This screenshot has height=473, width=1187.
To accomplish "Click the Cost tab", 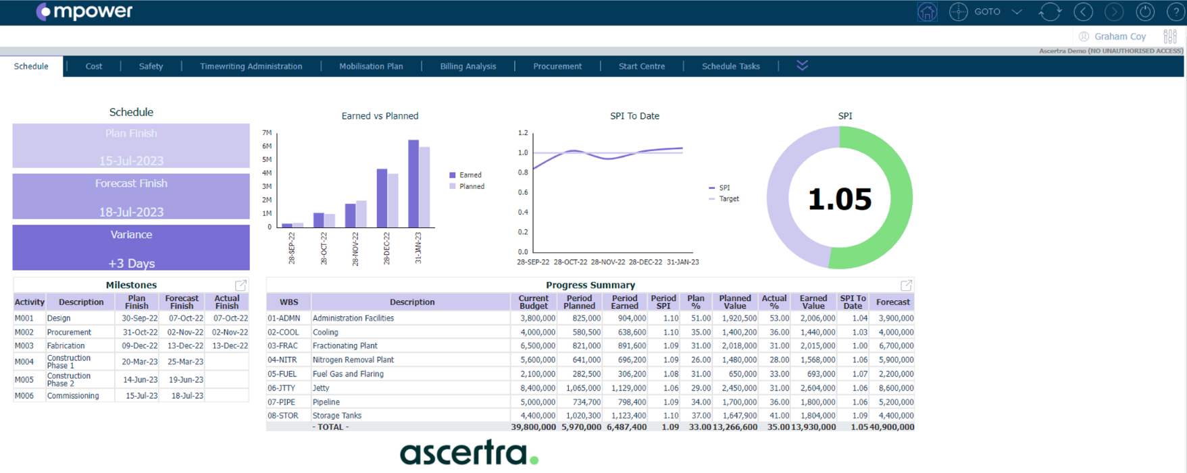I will tap(94, 66).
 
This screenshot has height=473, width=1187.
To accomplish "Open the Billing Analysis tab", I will tap(468, 66).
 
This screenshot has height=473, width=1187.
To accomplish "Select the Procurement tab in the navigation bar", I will tap(557, 66).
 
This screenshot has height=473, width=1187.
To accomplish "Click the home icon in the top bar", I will tap(927, 12).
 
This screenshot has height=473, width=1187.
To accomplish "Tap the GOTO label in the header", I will tap(987, 12).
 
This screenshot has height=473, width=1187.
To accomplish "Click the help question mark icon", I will tap(1175, 12).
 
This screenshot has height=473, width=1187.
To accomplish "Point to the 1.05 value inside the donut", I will tap(840, 199).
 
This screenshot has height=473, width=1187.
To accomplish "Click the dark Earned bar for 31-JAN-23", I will tap(413, 184).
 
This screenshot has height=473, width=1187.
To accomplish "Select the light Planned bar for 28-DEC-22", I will tap(393, 200).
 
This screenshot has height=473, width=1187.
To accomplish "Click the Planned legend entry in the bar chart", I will tap(471, 186).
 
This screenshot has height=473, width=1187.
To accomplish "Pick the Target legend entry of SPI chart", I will tap(728, 199).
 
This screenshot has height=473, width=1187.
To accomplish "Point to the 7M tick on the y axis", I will tap(267, 133).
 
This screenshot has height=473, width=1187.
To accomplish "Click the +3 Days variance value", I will tap(131, 263).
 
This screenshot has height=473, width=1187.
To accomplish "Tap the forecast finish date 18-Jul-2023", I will tap(131, 212).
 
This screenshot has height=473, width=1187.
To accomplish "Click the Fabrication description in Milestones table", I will tap(66, 345).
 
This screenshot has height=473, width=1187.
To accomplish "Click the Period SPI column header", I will tap(663, 302).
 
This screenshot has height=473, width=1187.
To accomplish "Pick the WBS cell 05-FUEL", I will tap(282, 374).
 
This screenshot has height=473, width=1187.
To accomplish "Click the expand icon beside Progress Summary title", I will tap(906, 285).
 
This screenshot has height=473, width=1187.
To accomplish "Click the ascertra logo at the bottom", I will tap(469, 453).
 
